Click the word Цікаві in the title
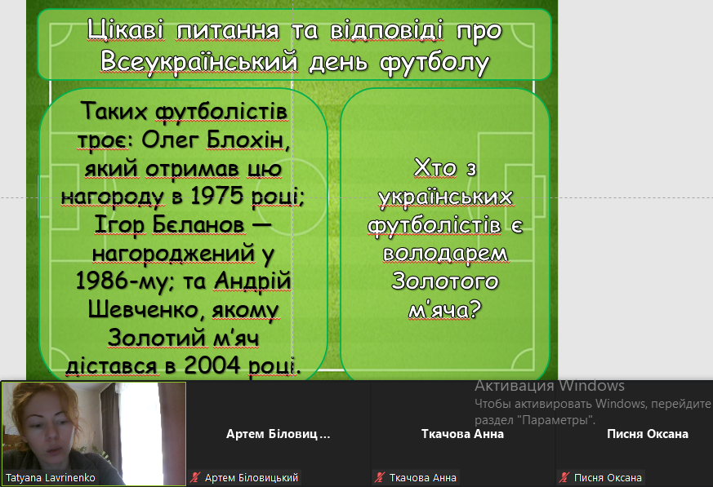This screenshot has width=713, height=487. (125, 30)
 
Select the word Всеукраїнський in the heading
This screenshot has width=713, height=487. (199, 61)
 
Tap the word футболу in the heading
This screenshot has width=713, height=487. (434, 63)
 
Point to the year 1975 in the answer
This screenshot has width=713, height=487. (217, 196)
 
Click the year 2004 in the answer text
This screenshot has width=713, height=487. (212, 365)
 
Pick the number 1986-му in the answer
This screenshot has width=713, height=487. (122, 281)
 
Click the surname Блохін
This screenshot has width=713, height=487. (247, 140)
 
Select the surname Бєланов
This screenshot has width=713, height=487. (198, 224)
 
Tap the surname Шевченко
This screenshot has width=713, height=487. (143, 309)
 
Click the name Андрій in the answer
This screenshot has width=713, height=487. (252, 281)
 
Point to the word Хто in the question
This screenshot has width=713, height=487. (435, 168)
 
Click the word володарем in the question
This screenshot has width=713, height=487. (445, 254)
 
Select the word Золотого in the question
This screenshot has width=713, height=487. (445, 281)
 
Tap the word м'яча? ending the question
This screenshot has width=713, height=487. (445, 310)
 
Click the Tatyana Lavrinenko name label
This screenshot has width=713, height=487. (51, 478)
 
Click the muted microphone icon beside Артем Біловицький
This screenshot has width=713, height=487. (195, 477)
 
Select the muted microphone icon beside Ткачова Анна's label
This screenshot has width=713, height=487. (380, 477)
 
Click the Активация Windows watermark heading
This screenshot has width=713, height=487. (550, 386)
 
